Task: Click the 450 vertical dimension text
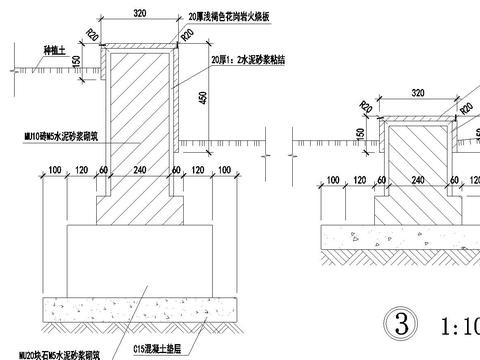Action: pyautogui.click(x=204, y=99)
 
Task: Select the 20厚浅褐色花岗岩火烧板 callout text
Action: pyautogui.click(x=230, y=18)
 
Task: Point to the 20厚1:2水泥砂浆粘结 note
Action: pyautogui.click(x=247, y=61)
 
